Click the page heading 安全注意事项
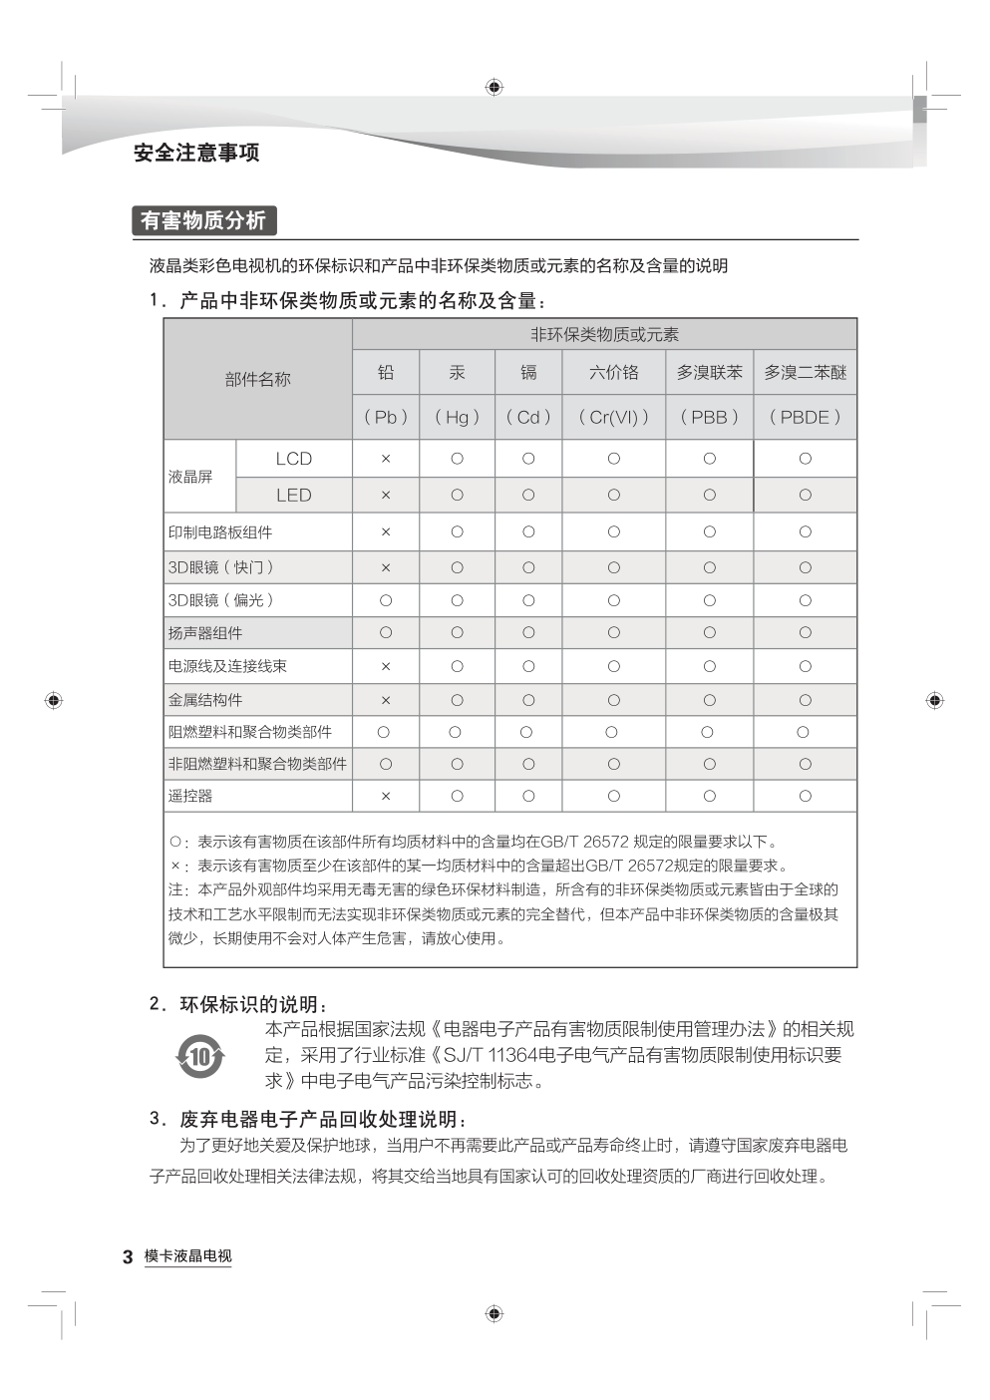pyautogui.click(x=196, y=153)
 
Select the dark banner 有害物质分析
pyautogui.click(x=203, y=220)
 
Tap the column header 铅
pyautogui.click(x=386, y=372)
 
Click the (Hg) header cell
pyautogui.click(x=457, y=417)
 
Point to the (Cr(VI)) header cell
pyautogui.click(x=613, y=417)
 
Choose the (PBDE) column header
pyautogui.click(x=805, y=417)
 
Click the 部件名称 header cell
pyautogui.click(x=257, y=379)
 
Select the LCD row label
pyautogui.click(x=294, y=459)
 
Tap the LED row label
pyautogui.click(x=294, y=495)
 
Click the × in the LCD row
pyautogui.click(x=386, y=459)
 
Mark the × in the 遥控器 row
pyautogui.click(x=386, y=796)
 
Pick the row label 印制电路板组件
pyautogui.click(x=220, y=532)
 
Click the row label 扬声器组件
pyautogui.click(x=205, y=633)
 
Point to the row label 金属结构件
pyautogui.click(x=205, y=700)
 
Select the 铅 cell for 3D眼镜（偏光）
pyautogui.click(x=386, y=600)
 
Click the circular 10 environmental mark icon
pyautogui.click(x=200, y=1055)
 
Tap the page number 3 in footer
pyautogui.click(x=128, y=1256)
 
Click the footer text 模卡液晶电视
pyautogui.click(x=187, y=1256)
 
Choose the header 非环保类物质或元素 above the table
pyautogui.click(x=604, y=334)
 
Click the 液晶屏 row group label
pyautogui.click(x=190, y=477)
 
